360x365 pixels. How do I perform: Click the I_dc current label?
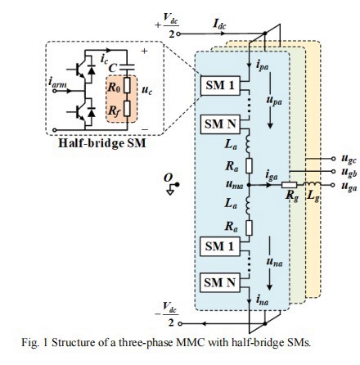click(219, 24)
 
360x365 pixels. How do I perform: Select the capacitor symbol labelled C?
click(127, 65)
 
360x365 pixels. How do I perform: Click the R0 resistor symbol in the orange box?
click(127, 85)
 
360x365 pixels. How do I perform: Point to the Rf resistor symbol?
click(127, 108)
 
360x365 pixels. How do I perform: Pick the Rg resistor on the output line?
click(290, 185)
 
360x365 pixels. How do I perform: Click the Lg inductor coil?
click(311, 184)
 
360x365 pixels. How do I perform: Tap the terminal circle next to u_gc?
click(333, 159)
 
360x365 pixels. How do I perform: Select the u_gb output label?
click(349, 173)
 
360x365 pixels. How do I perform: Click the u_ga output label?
click(349, 187)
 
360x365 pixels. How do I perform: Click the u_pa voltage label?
click(274, 101)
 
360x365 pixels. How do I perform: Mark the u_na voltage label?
click(274, 262)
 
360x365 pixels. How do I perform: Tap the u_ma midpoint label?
click(234, 185)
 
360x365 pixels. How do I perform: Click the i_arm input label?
click(58, 83)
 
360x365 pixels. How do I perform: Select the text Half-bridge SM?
click(102, 143)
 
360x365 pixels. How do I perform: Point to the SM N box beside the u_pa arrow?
click(220, 124)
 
